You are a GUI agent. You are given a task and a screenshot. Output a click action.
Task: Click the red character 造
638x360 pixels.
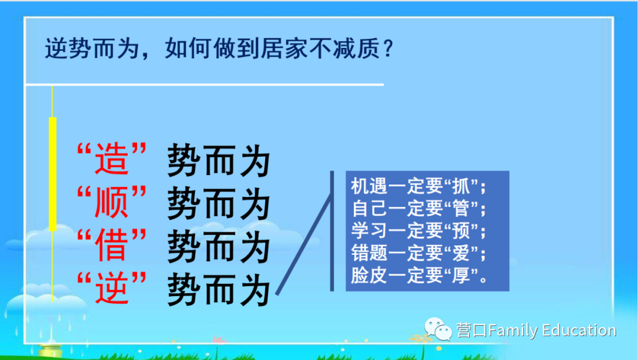click(112, 159)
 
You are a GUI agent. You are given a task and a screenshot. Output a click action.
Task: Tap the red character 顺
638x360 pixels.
click(112, 202)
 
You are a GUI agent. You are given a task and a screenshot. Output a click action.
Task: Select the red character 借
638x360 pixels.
click(112, 245)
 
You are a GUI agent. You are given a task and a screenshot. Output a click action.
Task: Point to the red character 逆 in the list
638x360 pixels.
click(112, 288)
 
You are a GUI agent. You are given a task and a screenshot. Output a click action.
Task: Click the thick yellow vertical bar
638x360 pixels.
click(53, 174)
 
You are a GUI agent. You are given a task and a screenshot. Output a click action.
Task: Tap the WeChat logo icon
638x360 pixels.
click(438, 329)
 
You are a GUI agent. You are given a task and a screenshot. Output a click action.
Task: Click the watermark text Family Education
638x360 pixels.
click(552, 330)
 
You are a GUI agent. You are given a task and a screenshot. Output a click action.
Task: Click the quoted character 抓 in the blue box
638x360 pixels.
click(461, 187)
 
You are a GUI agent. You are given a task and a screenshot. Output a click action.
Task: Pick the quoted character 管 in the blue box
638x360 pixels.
click(461, 209)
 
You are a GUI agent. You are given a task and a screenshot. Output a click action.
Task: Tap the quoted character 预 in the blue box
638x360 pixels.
click(461, 231)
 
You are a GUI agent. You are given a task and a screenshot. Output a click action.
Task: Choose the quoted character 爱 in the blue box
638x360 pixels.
click(461, 253)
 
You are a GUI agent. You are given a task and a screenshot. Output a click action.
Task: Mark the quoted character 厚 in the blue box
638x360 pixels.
click(461, 275)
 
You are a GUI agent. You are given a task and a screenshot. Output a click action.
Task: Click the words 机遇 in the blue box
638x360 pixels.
click(369, 187)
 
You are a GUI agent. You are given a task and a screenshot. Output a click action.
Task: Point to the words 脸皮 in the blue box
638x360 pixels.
click(369, 275)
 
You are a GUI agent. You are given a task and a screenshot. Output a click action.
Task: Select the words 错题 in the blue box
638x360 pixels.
click(369, 253)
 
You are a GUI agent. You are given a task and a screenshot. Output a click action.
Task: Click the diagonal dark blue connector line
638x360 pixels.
click(304, 244)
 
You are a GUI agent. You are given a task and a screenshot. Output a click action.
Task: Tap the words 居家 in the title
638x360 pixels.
click(284, 48)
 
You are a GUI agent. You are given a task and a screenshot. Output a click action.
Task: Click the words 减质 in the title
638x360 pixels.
click(356, 48)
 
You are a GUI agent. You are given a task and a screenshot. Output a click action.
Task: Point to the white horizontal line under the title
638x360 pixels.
click(204, 85)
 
